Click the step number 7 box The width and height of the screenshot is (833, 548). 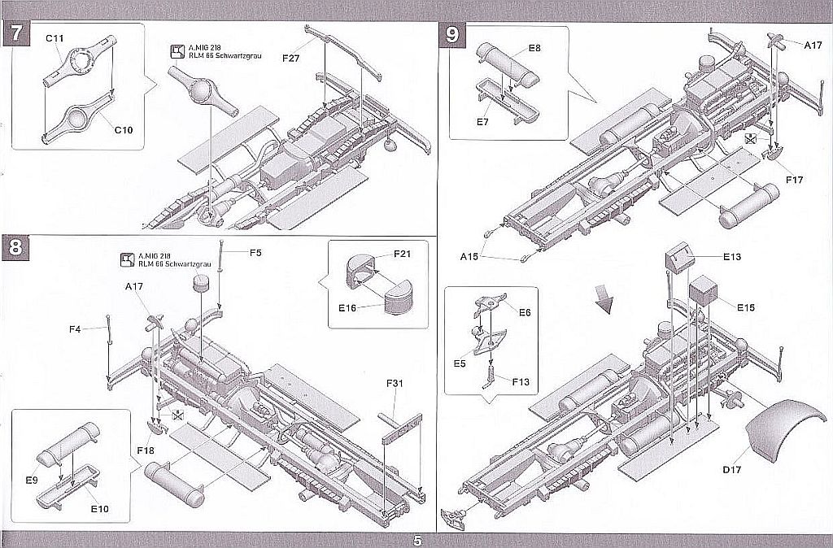16,34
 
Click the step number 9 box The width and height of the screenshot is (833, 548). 452,35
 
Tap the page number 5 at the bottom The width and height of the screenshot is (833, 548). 417,541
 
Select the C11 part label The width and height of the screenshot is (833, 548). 55,38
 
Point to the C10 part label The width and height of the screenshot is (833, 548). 124,130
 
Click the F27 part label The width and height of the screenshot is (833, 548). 291,58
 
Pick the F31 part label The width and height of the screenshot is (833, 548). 395,383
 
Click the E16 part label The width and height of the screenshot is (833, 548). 347,307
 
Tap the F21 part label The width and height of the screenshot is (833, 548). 402,254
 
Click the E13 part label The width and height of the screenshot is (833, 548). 732,257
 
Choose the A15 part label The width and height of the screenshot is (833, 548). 469,256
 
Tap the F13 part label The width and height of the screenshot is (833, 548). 521,382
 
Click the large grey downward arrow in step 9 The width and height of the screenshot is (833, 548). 604,299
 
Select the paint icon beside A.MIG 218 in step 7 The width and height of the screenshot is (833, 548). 177,51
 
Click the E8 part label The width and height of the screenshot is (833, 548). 534,48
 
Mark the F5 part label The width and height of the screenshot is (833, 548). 255,253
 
